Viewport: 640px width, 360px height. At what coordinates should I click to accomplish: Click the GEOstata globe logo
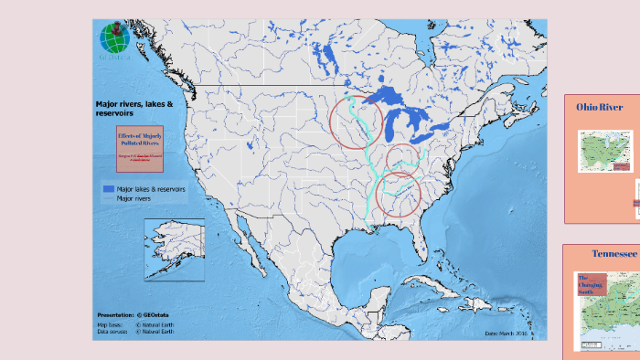click(x=115, y=38)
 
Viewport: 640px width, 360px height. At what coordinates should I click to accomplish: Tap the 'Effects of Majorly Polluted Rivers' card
click(x=139, y=148)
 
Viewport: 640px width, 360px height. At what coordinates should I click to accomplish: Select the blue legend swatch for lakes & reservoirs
click(x=107, y=188)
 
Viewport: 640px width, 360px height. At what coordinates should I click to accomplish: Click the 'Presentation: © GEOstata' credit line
click(x=133, y=315)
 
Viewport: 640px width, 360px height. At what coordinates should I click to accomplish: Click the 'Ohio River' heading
click(x=599, y=107)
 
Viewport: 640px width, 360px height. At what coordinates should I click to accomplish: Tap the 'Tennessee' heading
click(x=614, y=253)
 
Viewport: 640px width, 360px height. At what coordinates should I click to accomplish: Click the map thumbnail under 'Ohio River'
click(x=605, y=151)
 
